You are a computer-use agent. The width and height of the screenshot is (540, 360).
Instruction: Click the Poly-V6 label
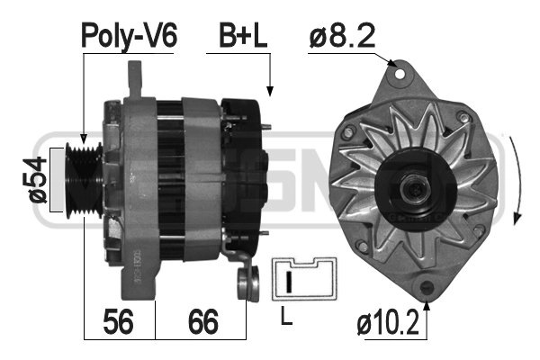(x=129, y=36)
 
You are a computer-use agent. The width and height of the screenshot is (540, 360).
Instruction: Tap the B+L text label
(x=243, y=35)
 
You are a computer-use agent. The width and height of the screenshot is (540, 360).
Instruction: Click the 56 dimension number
(x=118, y=321)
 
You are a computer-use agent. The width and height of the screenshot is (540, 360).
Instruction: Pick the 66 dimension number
(x=203, y=321)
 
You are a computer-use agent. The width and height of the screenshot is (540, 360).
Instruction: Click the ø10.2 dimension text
(x=388, y=322)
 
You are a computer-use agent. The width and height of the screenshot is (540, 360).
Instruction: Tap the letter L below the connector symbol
(x=286, y=316)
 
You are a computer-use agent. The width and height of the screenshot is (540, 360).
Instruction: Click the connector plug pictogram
(x=304, y=279)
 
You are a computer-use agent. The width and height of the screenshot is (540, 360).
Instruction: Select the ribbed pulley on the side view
(x=84, y=180)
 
